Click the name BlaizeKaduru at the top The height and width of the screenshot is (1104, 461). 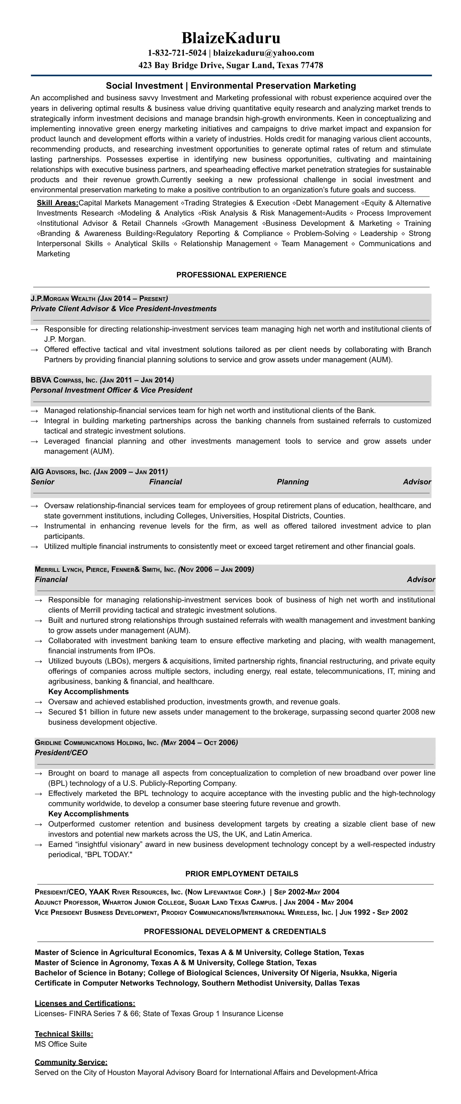point(231,38)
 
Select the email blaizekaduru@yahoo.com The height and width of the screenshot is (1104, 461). point(264,53)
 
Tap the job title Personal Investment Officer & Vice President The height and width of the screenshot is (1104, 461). point(111,390)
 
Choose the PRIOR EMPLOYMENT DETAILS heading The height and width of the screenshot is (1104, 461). point(241,874)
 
